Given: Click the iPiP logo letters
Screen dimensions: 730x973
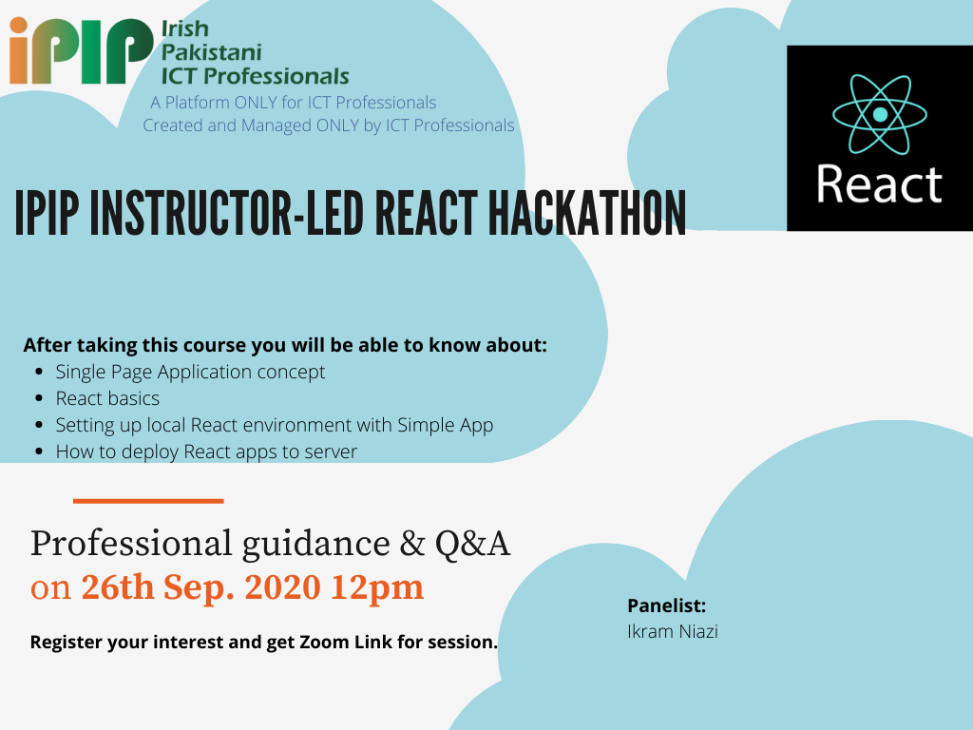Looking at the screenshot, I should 80,50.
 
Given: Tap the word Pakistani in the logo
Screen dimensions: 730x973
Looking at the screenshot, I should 211,52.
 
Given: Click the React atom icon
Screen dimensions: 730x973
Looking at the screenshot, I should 879,114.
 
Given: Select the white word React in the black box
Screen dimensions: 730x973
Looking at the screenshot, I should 879,184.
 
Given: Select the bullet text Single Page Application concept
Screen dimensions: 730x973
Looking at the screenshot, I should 190,372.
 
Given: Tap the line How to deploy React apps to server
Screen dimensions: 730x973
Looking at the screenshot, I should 206,451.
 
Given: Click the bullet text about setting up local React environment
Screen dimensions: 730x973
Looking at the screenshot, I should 274,425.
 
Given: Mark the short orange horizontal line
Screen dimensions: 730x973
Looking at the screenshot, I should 148,500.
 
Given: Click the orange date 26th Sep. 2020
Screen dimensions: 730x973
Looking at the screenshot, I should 200,587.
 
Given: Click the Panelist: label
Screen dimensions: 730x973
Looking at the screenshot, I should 666,605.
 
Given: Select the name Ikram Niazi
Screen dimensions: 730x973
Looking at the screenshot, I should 672,631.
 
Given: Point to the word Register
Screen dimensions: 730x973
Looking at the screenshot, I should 67,642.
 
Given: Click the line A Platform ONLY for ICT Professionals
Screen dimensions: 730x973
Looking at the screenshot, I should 293,103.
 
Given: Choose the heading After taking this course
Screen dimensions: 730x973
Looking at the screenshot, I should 285,344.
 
